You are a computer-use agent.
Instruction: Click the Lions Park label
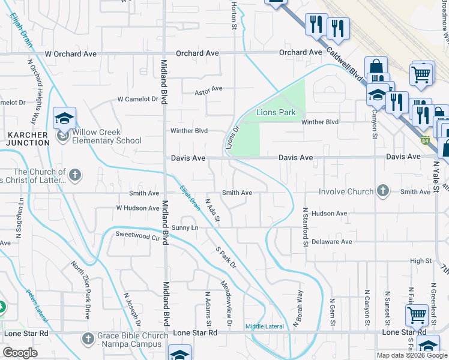[x=276, y=112]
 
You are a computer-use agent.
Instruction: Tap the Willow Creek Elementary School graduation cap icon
[x=64, y=118]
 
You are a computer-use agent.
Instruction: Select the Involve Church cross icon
[x=381, y=192]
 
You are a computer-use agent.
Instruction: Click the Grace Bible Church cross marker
[x=88, y=340]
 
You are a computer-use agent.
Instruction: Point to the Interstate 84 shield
[x=426, y=141]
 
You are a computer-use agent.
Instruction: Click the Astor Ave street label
[x=208, y=89]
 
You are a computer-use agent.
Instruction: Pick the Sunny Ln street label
[x=184, y=228]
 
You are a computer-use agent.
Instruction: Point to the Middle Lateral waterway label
[x=264, y=326]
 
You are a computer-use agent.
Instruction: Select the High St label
[x=420, y=261]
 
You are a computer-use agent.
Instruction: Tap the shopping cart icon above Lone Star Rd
[x=417, y=315]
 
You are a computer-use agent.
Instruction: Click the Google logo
[x=21, y=353]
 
